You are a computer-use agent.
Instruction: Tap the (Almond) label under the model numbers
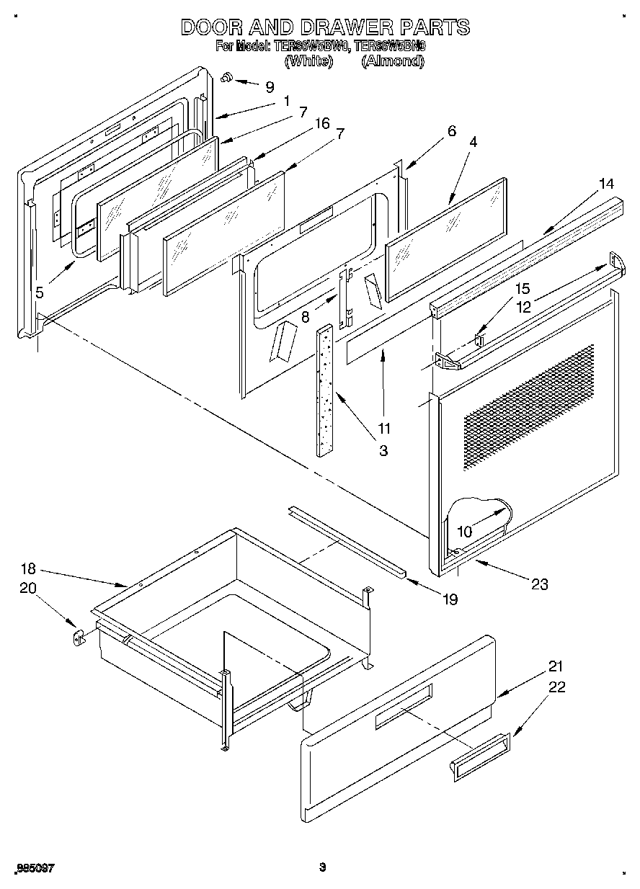(392, 61)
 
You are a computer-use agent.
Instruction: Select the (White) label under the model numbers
(309, 61)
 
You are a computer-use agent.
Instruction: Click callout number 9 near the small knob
(270, 87)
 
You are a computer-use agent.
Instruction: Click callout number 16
(322, 124)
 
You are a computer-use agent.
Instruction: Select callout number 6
(452, 131)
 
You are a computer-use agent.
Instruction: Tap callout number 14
(606, 184)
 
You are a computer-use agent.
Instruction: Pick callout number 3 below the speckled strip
(383, 451)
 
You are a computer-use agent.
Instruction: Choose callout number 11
(384, 429)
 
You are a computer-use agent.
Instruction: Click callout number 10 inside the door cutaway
(465, 532)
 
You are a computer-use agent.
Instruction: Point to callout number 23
(539, 584)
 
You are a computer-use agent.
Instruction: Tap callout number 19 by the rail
(450, 599)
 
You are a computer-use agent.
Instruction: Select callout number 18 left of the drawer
(28, 568)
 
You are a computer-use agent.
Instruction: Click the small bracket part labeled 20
(79, 637)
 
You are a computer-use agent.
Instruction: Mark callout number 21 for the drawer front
(556, 666)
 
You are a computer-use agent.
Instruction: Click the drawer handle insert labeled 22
(479, 756)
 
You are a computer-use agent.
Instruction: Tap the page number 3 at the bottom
(323, 867)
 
